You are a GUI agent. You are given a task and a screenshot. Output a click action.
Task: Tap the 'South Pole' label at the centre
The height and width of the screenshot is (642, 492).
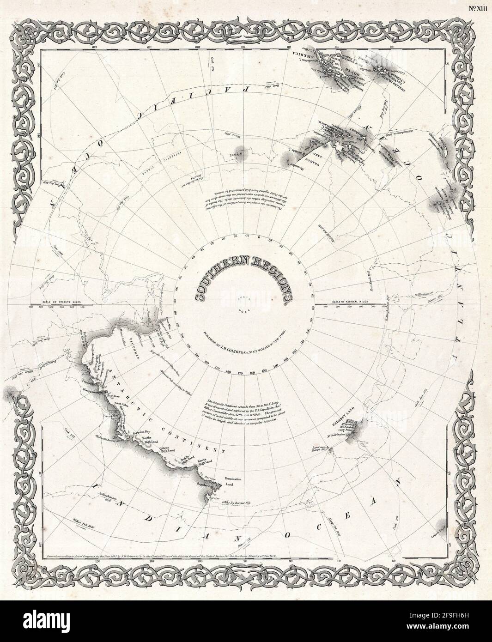pos(244,305)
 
